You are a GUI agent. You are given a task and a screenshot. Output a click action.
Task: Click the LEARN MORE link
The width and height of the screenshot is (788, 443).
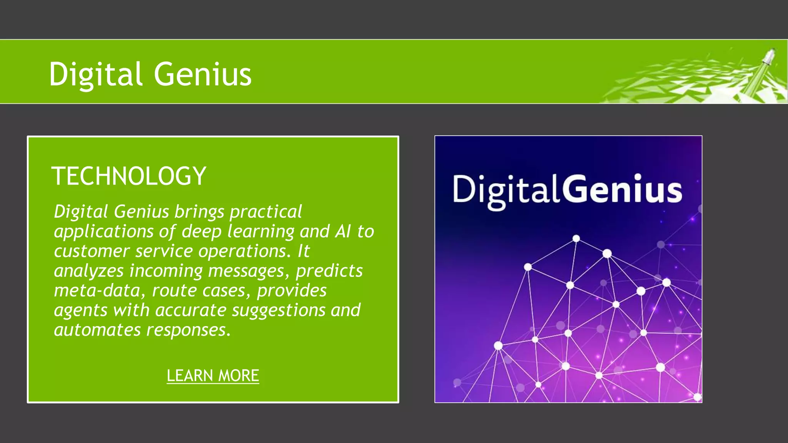tap(213, 376)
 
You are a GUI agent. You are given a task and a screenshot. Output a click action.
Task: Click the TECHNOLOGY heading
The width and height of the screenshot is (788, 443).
tap(129, 176)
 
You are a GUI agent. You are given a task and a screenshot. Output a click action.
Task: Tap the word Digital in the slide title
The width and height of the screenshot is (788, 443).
tap(96, 74)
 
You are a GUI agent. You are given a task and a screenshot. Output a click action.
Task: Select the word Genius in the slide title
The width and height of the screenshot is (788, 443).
tap(203, 74)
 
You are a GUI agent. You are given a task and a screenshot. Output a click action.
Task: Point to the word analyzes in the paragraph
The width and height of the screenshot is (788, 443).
tap(88, 271)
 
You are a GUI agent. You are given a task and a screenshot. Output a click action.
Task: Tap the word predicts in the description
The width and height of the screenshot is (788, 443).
tap(329, 271)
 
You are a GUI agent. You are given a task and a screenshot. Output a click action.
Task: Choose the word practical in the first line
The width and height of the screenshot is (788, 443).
tap(265, 212)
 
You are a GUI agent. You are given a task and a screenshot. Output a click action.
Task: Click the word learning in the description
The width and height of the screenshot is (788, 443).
tap(261, 231)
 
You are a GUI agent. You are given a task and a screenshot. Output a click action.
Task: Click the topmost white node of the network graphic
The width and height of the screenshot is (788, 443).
tap(576, 238)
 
